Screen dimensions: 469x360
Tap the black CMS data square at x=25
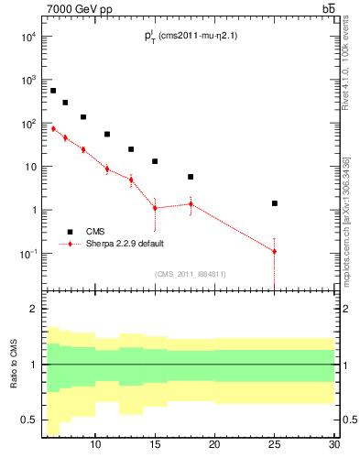tap(275, 203)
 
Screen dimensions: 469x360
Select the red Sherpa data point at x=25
tap(275, 251)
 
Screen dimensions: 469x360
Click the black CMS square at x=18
tap(191, 177)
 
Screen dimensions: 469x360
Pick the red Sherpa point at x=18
tap(191, 204)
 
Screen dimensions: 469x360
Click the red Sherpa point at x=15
tap(155, 208)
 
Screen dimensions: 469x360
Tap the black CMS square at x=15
tap(155, 161)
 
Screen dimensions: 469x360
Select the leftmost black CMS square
tap(53, 91)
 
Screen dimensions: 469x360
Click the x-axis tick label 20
tap(214, 446)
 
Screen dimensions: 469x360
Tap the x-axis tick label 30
tap(333, 446)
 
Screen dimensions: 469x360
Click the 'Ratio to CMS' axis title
tap(14, 365)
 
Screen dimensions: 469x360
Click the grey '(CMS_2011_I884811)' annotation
tap(190, 274)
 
